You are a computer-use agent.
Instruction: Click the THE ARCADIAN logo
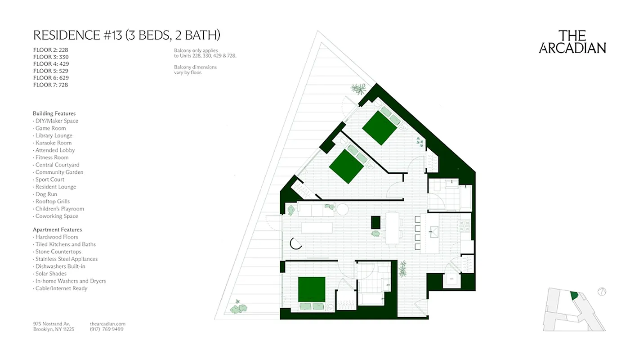[x=572, y=42]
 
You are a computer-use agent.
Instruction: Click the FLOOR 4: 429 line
[x=51, y=64]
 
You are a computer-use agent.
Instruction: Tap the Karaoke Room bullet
[x=53, y=143]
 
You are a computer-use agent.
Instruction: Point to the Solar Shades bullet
[x=50, y=274]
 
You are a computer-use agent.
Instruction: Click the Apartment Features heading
[x=57, y=229]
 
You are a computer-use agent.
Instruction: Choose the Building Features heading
[x=54, y=113]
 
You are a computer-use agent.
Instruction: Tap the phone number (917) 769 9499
[x=107, y=329]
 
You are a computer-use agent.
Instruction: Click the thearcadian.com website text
[x=107, y=324]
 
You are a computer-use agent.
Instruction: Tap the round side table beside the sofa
[x=343, y=209]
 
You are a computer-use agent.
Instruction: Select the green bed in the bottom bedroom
[x=312, y=289]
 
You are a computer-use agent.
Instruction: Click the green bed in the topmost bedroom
[x=380, y=127]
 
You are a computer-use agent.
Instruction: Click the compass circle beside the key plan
[x=602, y=292]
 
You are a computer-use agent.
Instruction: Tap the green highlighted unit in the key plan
[x=574, y=296]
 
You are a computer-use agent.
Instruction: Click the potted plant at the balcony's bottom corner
[x=238, y=308]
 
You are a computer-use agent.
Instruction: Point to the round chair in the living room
[x=296, y=243]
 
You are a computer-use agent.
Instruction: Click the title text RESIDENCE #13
[x=77, y=35]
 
